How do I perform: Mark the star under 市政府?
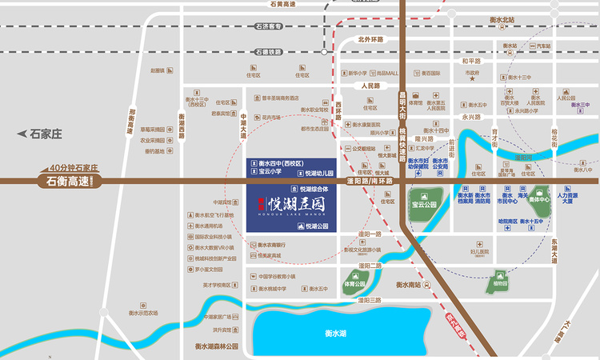[x=472, y=79]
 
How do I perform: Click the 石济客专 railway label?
[x=270, y=27]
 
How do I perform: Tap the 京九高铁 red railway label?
[x=457, y=325]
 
